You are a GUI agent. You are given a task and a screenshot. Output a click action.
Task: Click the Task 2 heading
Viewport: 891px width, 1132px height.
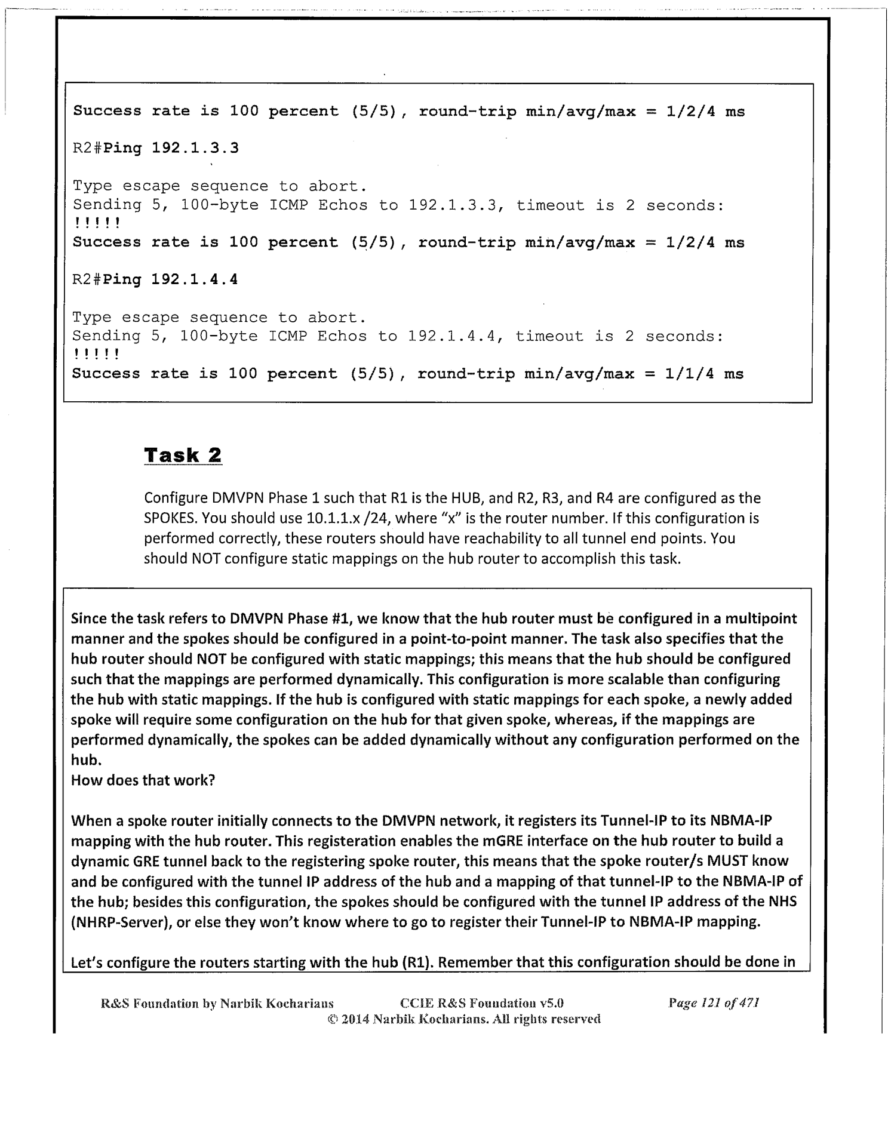point(183,456)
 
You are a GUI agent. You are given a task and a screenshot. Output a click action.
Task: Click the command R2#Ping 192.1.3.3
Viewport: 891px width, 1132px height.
point(155,147)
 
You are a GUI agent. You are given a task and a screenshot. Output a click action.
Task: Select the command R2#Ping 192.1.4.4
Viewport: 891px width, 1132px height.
point(155,279)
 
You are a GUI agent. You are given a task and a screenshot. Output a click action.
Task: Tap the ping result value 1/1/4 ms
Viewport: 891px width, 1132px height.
point(705,374)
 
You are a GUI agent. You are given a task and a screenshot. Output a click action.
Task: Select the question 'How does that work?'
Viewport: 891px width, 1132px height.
point(143,780)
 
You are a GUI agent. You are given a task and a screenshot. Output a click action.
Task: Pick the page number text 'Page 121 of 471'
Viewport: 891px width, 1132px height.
point(714,1003)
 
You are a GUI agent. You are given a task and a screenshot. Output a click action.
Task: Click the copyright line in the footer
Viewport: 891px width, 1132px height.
point(463,1019)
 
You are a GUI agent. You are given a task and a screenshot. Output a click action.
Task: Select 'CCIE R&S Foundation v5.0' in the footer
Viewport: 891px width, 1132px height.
point(482,1003)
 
